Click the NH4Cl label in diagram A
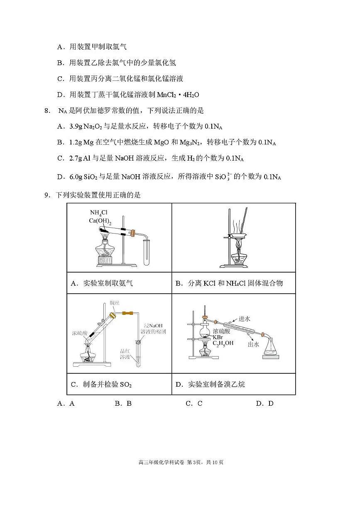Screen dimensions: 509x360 click(98, 213)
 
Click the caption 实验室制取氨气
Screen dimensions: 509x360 click(108, 283)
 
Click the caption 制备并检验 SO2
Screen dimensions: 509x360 click(107, 384)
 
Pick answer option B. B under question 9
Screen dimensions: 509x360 click(123, 403)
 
